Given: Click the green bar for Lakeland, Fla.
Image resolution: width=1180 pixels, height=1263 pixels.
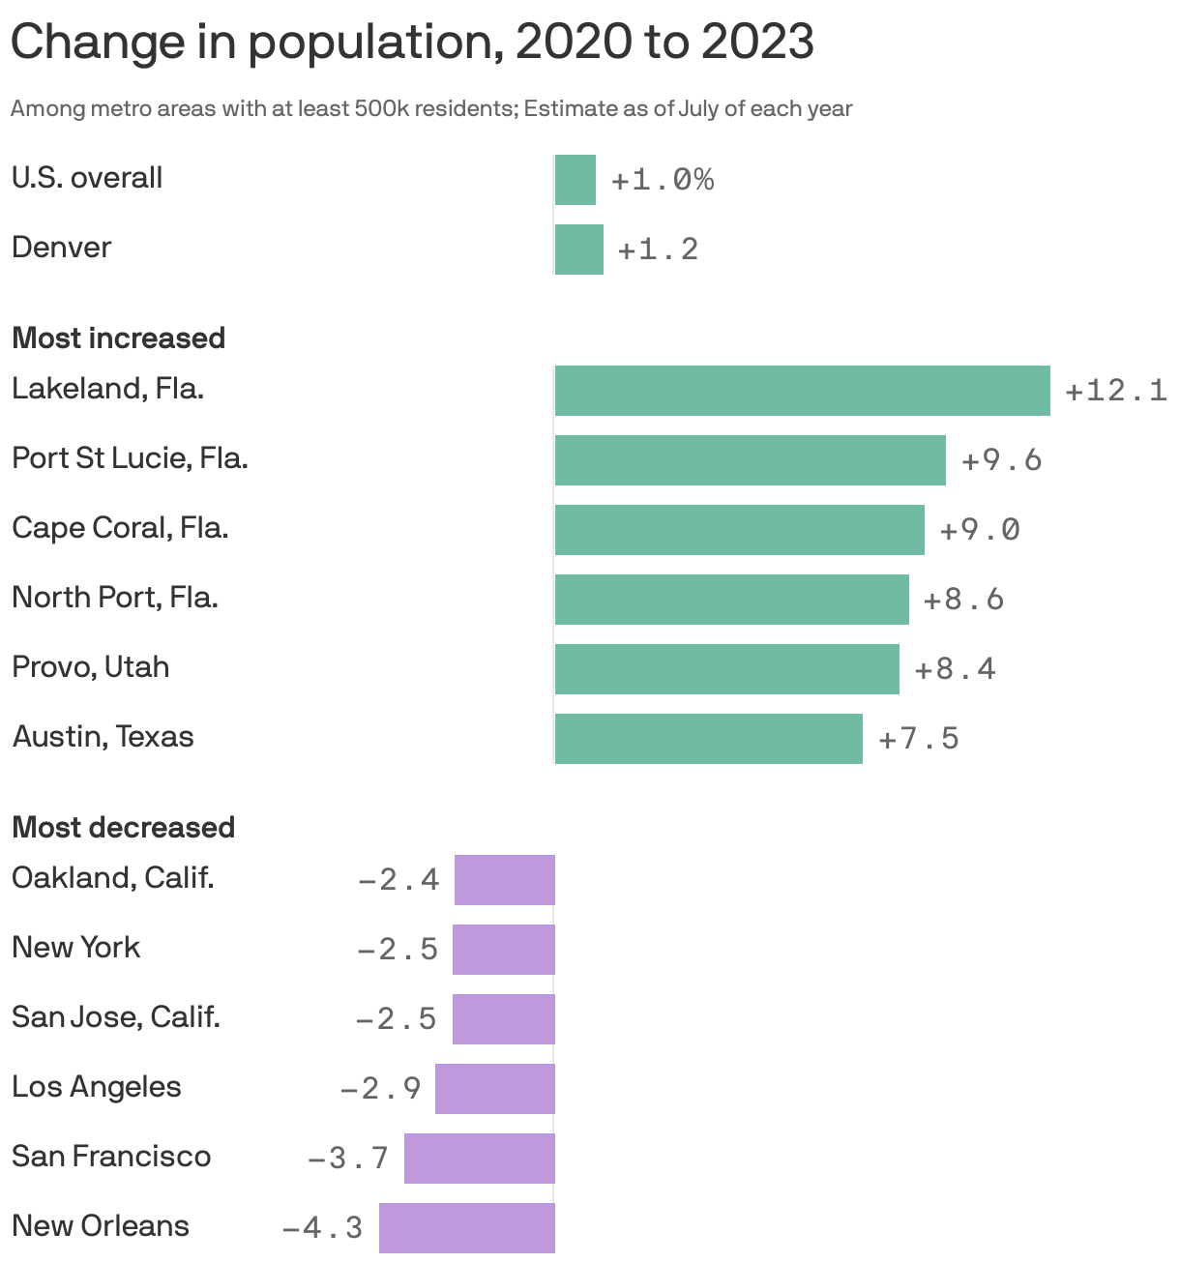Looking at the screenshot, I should [802, 391].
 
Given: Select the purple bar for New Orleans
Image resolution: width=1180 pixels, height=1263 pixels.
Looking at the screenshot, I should [466, 1227].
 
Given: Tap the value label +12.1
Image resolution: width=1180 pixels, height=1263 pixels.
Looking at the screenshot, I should [1115, 391].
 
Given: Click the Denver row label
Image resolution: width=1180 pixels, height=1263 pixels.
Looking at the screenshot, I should [61, 248].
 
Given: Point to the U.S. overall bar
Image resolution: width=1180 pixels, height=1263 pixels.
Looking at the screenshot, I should [575, 180].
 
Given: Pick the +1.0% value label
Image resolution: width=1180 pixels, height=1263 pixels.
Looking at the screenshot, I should [663, 180].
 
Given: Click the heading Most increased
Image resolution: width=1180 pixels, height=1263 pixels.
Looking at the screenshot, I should [118, 338].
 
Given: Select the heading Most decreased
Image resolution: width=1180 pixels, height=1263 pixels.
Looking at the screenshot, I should [123, 828].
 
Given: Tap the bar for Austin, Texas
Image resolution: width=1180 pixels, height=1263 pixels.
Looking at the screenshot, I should [708, 739].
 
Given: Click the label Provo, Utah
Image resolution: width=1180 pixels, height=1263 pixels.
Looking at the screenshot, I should [90, 667].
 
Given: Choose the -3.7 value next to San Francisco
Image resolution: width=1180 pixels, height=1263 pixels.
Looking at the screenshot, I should [348, 1158].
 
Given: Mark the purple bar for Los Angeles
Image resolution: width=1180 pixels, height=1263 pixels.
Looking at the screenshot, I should [494, 1089].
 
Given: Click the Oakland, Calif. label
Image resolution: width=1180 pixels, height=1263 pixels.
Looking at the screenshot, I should [112, 878].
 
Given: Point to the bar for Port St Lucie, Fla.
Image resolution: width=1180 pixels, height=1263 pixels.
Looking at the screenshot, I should [750, 460].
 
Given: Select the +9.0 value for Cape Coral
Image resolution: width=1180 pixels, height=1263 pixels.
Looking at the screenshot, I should [980, 530].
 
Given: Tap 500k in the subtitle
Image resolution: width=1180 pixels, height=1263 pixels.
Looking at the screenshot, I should [384, 109].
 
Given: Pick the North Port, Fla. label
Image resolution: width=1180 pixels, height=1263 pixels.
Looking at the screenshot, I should [114, 598].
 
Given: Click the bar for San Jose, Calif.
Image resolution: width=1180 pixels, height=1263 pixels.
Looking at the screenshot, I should [503, 1019].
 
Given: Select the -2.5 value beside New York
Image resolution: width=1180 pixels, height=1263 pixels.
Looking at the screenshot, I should [398, 950].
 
